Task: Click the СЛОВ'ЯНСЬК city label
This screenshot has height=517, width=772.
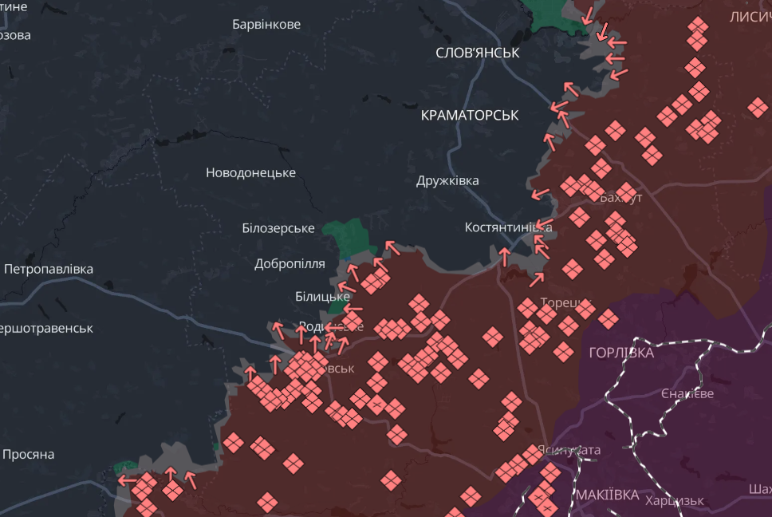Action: coord(477,53)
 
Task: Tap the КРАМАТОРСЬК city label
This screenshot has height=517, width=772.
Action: coord(469,116)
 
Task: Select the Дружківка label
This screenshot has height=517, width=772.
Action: coord(447,181)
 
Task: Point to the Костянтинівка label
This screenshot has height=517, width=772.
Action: coord(507,227)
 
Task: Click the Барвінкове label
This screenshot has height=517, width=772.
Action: coord(266,25)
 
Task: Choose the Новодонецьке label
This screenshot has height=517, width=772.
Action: coord(250,173)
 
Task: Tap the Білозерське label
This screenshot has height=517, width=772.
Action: coord(278,228)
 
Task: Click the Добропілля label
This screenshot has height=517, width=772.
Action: coord(289,264)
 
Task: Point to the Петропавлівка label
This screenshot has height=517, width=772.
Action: coord(48,270)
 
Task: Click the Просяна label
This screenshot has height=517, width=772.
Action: coord(28,455)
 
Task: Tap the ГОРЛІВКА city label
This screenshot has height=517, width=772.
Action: coord(620,353)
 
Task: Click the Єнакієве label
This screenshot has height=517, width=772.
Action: coord(687,394)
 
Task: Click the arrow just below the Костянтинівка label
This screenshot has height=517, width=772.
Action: coord(504,255)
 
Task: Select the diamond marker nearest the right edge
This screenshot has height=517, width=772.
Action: coord(758,107)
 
